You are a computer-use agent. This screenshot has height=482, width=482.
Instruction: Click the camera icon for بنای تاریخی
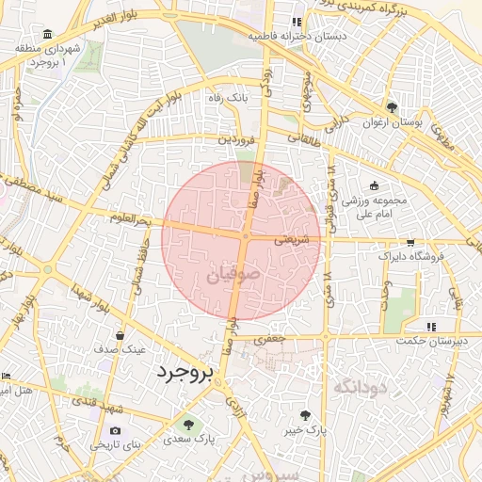click(116, 430)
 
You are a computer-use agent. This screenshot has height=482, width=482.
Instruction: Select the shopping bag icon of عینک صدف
click(120, 334)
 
